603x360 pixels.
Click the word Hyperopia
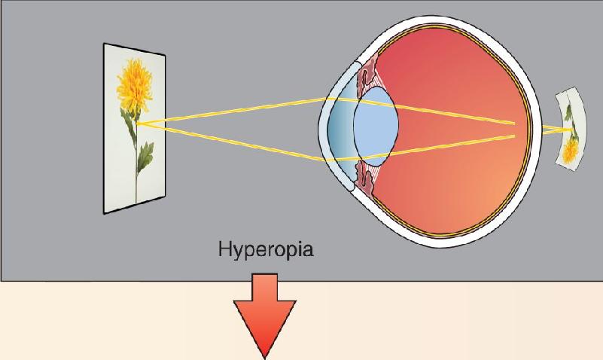pyautogui.click(x=265, y=250)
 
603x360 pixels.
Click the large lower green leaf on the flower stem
pyautogui.click(x=145, y=157)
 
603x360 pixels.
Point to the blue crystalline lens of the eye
pyautogui.click(x=376, y=127)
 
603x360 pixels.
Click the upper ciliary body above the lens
pyautogui.click(x=367, y=76)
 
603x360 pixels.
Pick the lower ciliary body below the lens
pyautogui.click(x=365, y=178)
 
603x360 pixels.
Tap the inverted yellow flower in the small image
pyautogui.click(x=571, y=151)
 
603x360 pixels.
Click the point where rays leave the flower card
pyautogui.click(x=137, y=124)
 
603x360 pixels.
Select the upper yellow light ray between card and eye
pyautogui.click(x=231, y=111)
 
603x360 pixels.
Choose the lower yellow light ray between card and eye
pyautogui.click(x=231, y=142)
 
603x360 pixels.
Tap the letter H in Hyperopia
pyautogui.click(x=225, y=249)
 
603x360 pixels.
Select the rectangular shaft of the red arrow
pyautogui.click(x=264, y=287)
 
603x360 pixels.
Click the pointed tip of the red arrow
pyautogui.click(x=265, y=358)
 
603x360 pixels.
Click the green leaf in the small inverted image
pyautogui.click(x=568, y=112)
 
